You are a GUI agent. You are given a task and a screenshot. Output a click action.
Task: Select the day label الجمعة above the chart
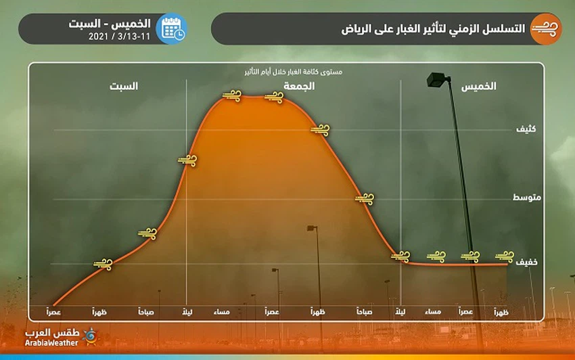click(299, 87)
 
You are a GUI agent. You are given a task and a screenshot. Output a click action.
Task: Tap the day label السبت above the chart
click(124, 87)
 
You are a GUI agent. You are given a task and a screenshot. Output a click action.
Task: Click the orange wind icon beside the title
click(545, 28)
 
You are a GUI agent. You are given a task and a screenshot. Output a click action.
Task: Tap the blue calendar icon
click(171, 28)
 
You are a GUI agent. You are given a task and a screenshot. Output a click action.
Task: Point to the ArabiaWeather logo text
click(51, 342)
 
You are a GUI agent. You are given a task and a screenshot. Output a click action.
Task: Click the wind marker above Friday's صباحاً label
click(364, 198)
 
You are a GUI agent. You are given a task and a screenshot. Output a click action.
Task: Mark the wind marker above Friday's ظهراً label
click(319, 129)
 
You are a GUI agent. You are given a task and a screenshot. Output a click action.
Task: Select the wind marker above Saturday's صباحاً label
click(147, 233)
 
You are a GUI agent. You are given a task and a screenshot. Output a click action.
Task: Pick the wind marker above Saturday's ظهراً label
click(103, 263)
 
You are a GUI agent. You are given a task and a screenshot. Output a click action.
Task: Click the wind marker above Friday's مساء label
click(231, 96)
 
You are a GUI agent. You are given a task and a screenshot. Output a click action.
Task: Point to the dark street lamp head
click(437, 81)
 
